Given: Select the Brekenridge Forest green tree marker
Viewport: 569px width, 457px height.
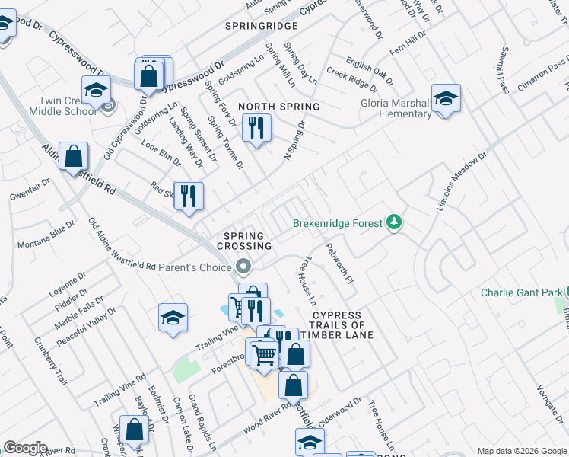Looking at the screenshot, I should (394, 223).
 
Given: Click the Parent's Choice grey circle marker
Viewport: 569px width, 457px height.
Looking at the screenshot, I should (243, 267).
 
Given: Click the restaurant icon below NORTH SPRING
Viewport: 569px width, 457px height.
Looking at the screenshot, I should (256, 127).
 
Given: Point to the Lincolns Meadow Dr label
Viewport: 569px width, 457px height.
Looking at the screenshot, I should (461, 187).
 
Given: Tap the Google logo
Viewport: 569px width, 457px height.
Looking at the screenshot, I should (25, 448).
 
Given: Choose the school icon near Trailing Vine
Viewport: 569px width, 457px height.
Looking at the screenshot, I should (173, 318).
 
